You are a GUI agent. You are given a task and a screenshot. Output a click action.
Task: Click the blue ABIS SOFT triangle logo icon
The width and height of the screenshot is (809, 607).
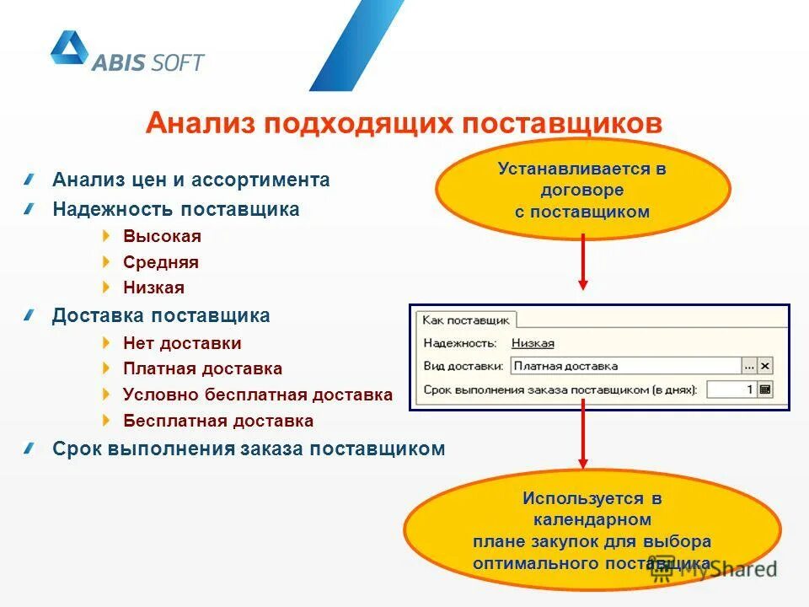[x=70, y=49]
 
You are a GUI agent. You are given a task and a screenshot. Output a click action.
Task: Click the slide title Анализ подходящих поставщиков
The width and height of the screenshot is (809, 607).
[x=404, y=124]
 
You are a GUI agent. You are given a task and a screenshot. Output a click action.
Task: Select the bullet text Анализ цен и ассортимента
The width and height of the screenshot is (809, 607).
[x=190, y=180]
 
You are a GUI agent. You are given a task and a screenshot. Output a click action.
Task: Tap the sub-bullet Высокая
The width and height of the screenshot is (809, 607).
[x=162, y=236]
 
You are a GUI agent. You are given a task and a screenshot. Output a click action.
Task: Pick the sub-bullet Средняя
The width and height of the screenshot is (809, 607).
[x=161, y=262]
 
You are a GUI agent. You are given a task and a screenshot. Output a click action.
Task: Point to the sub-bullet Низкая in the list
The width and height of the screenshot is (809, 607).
[x=153, y=287]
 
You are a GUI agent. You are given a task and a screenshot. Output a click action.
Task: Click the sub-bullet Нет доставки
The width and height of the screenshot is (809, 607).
[x=182, y=343]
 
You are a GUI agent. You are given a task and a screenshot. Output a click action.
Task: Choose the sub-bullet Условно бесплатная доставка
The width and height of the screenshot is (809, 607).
[x=258, y=395]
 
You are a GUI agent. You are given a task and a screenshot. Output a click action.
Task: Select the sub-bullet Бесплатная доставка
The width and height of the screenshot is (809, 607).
[x=218, y=421]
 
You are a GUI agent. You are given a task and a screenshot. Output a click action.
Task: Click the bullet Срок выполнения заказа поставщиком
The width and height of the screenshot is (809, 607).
[x=248, y=449]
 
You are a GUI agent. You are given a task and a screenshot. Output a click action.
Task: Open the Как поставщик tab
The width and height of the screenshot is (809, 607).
[x=466, y=320]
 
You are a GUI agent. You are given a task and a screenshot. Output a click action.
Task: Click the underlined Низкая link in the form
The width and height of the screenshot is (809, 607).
[x=533, y=343]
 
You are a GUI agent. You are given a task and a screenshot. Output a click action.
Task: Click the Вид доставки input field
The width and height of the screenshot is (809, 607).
[x=624, y=366]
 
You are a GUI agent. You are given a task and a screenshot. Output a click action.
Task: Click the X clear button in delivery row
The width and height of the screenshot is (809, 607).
[x=764, y=366]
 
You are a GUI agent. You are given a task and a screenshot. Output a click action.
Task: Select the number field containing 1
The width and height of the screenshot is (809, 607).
[x=731, y=389]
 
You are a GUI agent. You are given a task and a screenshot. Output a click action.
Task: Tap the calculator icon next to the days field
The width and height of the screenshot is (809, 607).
[x=764, y=389]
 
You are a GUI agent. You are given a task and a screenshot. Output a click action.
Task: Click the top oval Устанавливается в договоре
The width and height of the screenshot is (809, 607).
[x=582, y=191]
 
